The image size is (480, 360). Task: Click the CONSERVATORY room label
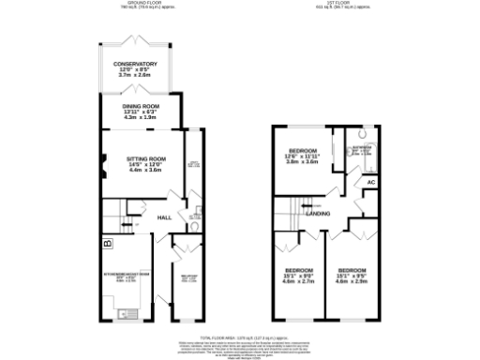click(x=136, y=64)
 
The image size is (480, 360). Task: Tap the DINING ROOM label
click(x=138, y=106)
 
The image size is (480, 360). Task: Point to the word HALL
click(x=163, y=217)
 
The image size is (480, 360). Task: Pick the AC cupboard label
click(x=369, y=182)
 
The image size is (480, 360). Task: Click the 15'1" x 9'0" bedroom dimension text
click(x=299, y=275)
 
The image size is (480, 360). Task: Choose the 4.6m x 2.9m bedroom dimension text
click(x=351, y=281)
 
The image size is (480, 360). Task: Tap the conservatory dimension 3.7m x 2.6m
click(x=136, y=75)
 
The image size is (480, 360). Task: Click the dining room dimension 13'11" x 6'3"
click(x=138, y=112)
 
